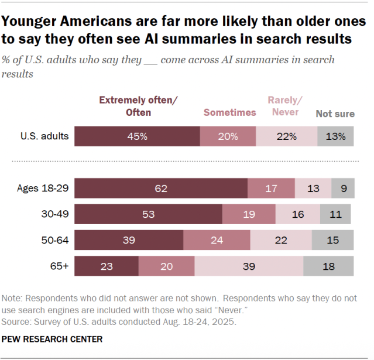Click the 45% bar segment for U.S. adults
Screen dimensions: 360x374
pyautogui.click(x=138, y=136)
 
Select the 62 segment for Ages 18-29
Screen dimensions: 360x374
pyautogui.click(x=161, y=189)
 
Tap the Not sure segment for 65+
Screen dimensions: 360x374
pyautogui.click(x=328, y=266)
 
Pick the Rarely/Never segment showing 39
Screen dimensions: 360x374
pyautogui.click(x=249, y=266)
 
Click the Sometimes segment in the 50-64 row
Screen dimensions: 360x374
pyautogui.click(x=217, y=240)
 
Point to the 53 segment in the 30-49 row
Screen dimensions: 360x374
pyautogui.click(x=149, y=214)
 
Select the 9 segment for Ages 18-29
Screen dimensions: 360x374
pyautogui.click(x=342, y=189)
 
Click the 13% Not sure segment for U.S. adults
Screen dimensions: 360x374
pyautogui.click(x=336, y=136)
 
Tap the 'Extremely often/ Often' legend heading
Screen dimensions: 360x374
pyautogui.click(x=138, y=106)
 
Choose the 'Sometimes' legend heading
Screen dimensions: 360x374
pyautogui.click(x=229, y=112)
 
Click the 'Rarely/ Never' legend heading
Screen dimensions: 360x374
pyautogui.click(x=283, y=106)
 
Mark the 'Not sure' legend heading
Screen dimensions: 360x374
pyautogui.click(x=335, y=114)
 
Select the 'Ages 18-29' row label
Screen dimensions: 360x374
pyautogui.click(x=43, y=189)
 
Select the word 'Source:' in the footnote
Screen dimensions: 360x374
pyautogui.click(x=18, y=321)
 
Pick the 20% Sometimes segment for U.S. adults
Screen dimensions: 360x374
pyautogui.click(x=228, y=136)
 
